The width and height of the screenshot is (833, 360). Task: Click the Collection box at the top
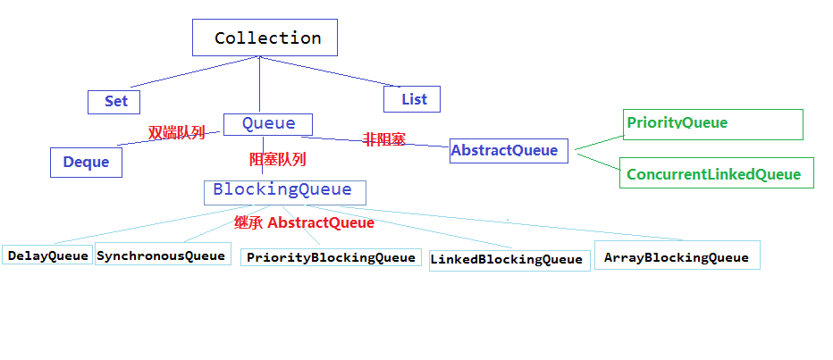pos(265,38)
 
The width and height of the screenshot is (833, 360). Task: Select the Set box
pos(114,102)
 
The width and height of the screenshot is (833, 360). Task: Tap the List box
pos(412,99)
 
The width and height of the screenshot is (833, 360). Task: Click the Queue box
pos(268,124)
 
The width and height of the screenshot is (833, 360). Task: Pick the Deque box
pos(86,163)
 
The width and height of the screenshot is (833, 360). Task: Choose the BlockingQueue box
pos(285,192)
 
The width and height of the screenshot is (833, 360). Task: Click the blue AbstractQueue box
pos(509,151)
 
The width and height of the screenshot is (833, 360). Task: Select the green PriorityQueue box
pos(713,124)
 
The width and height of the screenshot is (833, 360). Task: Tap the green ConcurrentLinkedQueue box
pos(717,172)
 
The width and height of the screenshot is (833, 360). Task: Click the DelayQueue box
pos(47,255)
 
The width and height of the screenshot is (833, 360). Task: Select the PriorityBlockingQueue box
pos(331,257)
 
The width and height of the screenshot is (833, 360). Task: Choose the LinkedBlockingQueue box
pos(509,260)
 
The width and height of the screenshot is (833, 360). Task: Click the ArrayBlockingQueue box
pos(677,255)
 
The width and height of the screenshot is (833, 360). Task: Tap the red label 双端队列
pos(176,133)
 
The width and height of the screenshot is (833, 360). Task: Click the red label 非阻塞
pos(384,139)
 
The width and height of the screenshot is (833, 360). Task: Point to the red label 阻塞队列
pos(278,159)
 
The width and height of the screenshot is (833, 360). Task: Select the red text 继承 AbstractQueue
pos(304,223)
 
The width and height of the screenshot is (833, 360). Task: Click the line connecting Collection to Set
pos(195,71)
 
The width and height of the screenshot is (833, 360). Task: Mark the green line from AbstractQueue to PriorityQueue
pos(599,142)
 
